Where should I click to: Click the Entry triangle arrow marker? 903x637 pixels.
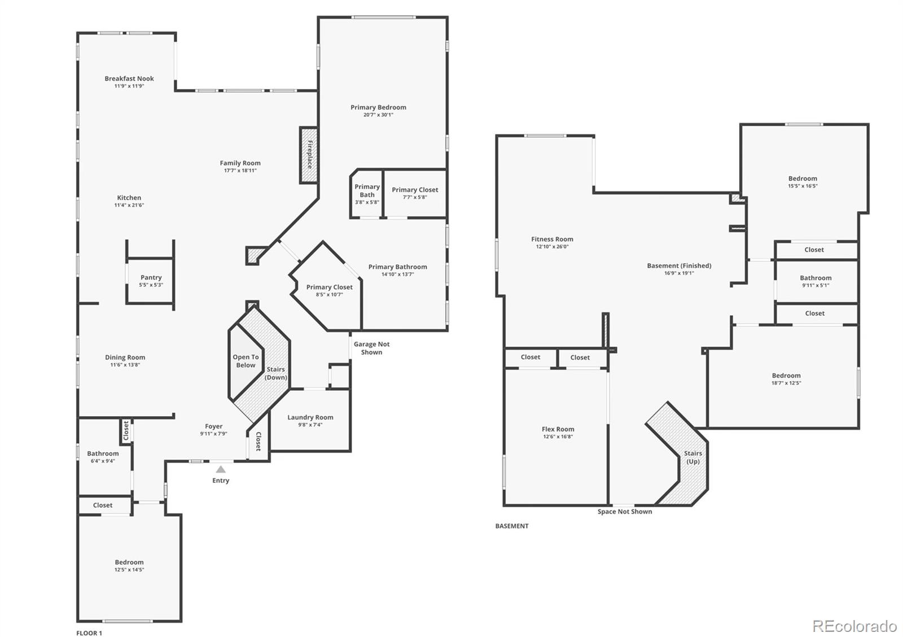[221, 469]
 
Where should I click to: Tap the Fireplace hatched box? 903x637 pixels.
[308, 155]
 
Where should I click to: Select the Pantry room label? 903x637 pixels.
[151, 277]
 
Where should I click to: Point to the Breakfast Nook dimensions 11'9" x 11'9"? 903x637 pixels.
[129, 86]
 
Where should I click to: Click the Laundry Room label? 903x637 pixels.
[310, 417]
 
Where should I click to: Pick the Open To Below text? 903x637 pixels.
[246, 361]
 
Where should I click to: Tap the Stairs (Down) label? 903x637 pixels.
[276, 373]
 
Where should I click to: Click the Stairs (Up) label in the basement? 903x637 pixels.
[693, 457]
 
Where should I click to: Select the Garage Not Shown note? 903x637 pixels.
[372, 348]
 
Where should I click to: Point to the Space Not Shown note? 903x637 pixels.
[625, 512]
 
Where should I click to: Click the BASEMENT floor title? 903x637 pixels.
[512, 526]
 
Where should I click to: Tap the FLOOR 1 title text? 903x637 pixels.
[89, 633]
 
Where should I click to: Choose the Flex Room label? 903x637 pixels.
[558, 429]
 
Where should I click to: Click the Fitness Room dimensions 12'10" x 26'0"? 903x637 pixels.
[553, 246]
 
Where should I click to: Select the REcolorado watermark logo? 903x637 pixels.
[854, 626]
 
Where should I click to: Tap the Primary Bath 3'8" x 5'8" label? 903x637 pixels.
[367, 194]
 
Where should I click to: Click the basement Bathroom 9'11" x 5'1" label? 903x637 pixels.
[816, 281]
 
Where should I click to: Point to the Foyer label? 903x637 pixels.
[214, 426]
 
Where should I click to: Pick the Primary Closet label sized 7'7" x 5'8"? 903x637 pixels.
[415, 193]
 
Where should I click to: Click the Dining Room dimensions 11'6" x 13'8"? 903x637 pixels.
[125, 365]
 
